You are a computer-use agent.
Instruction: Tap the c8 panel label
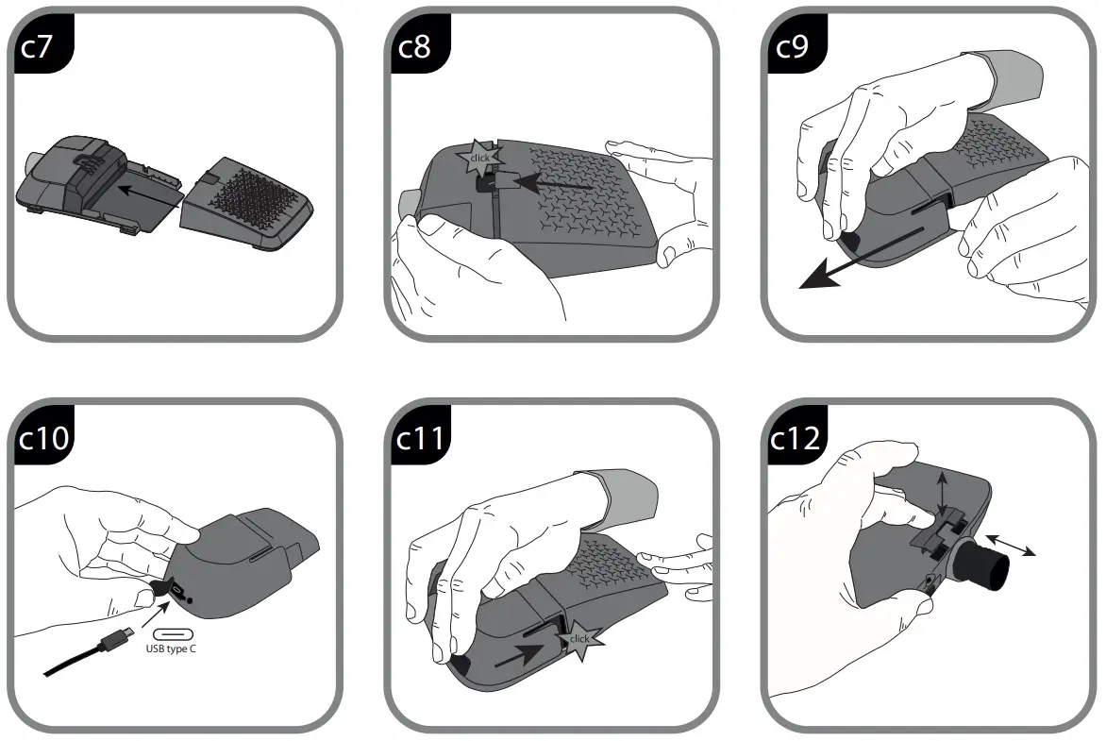(413, 46)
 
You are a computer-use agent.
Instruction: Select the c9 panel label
(791, 46)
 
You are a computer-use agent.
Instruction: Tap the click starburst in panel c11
(578, 639)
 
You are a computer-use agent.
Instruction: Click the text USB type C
(171, 649)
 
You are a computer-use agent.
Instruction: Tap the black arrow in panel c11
(520, 654)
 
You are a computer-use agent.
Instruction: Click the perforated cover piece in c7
(251, 203)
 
